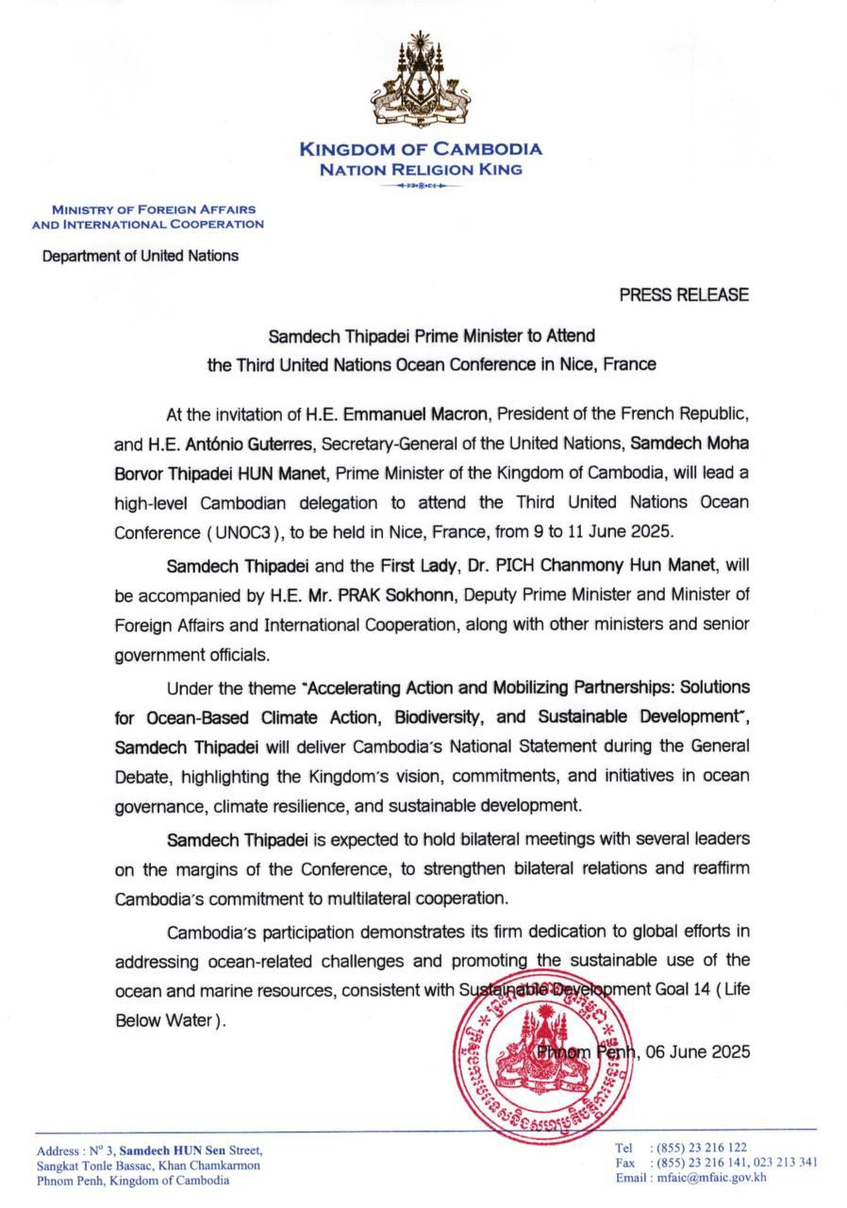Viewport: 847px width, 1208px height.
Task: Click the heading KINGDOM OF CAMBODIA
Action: click(x=421, y=149)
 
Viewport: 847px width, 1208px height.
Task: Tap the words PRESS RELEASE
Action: click(x=684, y=294)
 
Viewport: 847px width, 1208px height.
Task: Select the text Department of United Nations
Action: click(x=140, y=255)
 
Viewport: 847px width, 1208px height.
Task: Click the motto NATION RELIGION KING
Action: click(x=420, y=171)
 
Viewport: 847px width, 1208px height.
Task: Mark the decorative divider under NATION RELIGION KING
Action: click(x=420, y=186)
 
